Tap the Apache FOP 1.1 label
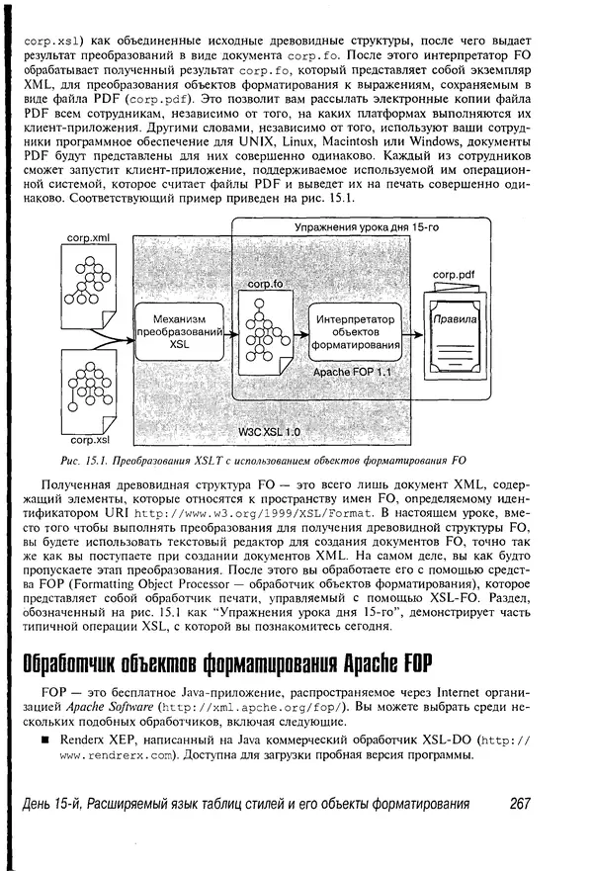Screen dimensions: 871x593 pyautogui.click(x=353, y=373)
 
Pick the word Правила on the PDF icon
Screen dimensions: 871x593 pyautogui.click(x=453, y=321)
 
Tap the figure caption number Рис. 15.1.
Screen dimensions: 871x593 pyautogui.click(x=83, y=459)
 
